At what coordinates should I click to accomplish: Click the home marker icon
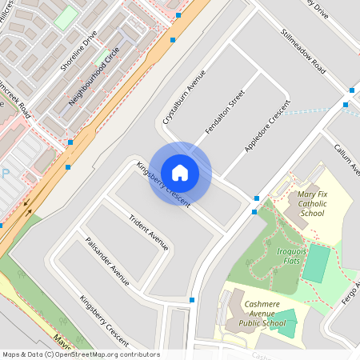click(180, 173)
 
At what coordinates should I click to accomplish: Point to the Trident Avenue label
click(149, 230)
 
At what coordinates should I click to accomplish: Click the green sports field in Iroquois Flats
click(317, 263)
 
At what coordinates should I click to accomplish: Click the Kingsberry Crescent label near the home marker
click(162, 186)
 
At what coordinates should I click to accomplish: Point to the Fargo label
click(351, 293)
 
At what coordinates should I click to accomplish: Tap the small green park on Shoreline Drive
click(66, 17)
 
